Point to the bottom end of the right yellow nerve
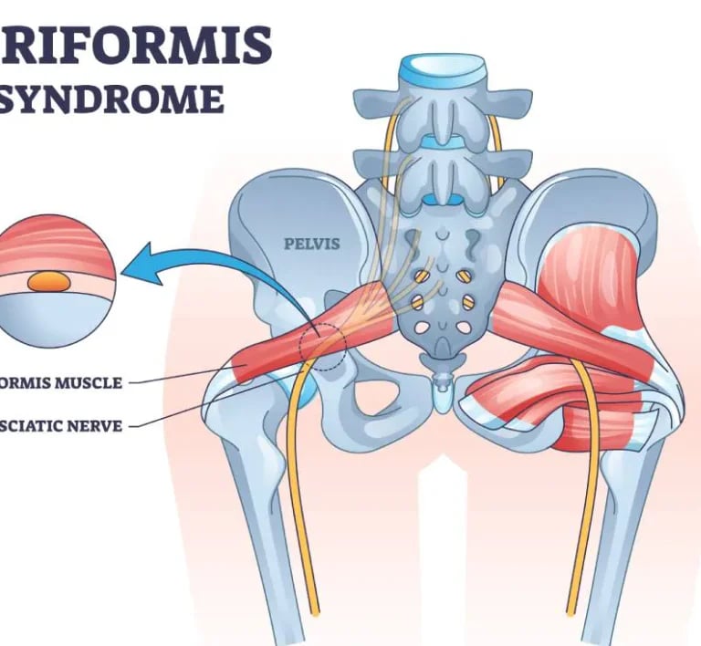tap(572, 607)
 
